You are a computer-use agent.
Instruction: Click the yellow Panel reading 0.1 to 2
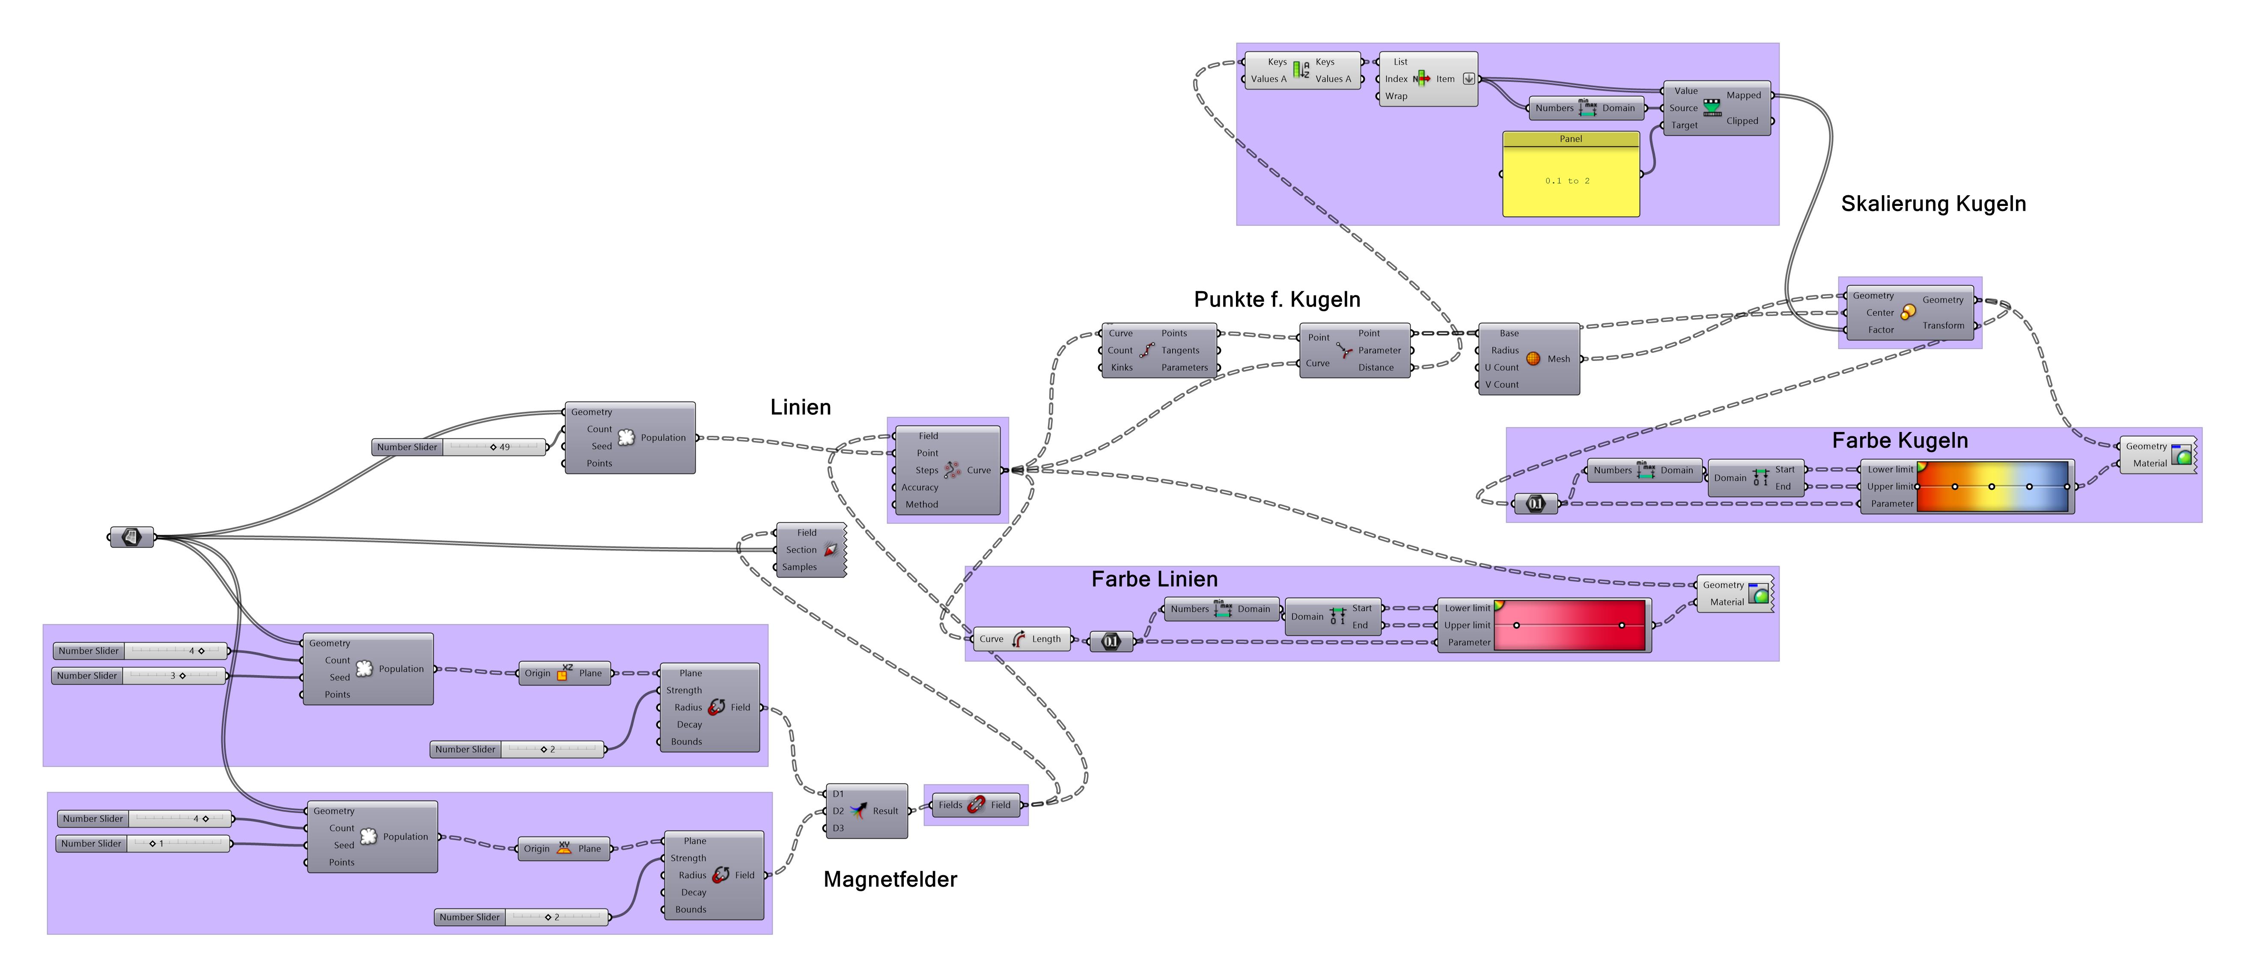click(1570, 180)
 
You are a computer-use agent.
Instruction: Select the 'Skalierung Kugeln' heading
click(1933, 204)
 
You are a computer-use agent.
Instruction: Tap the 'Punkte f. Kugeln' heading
click(1277, 300)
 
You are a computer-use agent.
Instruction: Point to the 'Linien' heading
click(800, 407)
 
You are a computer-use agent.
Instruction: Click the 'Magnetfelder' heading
click(890, 879)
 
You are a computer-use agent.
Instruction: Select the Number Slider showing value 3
click(140, 676)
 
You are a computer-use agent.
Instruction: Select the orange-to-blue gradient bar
click(1992, 486)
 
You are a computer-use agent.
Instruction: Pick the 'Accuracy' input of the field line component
click(920, 487)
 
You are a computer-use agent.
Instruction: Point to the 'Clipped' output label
click(1742, 121)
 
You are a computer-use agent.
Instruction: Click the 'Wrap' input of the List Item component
click(1396, 96)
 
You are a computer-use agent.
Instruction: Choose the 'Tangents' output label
click(1180, 350)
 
